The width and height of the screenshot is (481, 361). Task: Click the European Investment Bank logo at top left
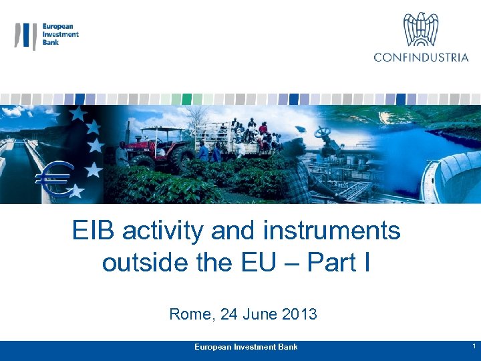[47, 35]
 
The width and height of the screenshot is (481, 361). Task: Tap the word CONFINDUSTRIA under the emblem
[422, 57]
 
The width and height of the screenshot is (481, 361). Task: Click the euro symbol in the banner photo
[55, 180]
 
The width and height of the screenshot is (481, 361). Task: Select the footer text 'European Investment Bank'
[246, 347]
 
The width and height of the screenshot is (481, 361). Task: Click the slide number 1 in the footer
[473, 346]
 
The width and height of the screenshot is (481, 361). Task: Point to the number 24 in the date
[228, 314]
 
